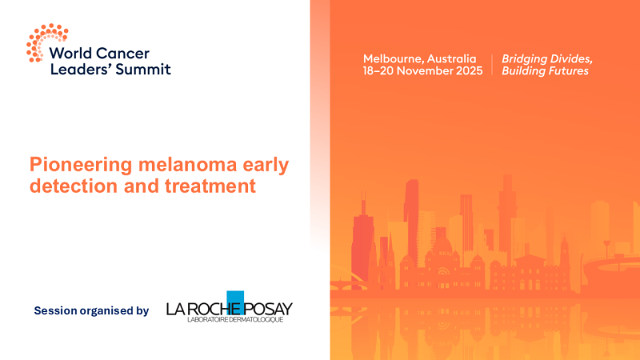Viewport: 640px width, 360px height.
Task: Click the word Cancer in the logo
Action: [118, 54]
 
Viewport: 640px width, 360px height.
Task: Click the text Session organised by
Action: [91, 310]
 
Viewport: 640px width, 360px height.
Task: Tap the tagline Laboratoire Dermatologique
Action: [230, 321]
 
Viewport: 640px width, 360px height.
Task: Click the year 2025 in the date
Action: [468, 71]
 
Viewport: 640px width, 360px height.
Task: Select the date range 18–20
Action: [379, 71]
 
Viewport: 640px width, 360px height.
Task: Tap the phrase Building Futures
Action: [544, 71]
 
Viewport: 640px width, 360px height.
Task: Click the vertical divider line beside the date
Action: [492, 65]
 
